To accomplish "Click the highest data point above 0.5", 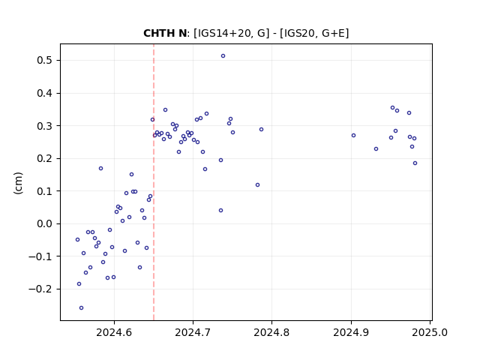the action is (223, 56).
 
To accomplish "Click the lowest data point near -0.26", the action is (82, 308).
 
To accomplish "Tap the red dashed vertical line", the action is (154, 182).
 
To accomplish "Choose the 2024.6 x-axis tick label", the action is (114, 332).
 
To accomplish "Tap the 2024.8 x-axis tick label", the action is (271, 332).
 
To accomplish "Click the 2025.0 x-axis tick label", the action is (430, 332).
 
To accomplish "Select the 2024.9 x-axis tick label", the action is (351, 332).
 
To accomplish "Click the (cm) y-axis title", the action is (18, 183).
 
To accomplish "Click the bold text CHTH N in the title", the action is (165, 33).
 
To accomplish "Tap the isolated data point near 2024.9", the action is (353, 136).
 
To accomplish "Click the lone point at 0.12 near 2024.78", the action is (258, 185).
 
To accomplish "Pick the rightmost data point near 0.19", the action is (415, 163).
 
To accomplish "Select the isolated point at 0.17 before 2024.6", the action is (101, 168).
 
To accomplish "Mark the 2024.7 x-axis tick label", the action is (193, 332).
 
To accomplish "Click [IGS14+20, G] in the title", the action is (232, 33).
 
